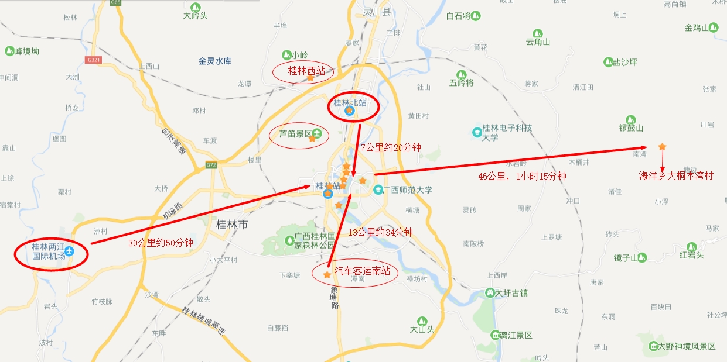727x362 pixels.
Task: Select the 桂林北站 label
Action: (x=350, y=103)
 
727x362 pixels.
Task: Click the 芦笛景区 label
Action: (x=295, y=133)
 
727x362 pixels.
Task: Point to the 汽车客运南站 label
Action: (x=361, y=271)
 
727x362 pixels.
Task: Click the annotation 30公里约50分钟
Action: (x=161, y=243)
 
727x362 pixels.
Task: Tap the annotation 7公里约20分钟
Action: (x=390, y=147)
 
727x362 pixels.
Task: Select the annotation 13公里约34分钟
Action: (x=380, y=232)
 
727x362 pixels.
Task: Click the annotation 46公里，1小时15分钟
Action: (x=522, y=176)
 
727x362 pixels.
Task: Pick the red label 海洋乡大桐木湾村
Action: (x=675, y=175)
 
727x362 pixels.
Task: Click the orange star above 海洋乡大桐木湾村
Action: (x=662, y=146)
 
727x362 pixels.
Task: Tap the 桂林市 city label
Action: (x=233, y=224)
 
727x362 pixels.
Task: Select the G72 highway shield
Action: (x=211, y=165)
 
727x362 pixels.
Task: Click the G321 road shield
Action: (x=93, y=60)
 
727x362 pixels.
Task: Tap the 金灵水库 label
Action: (x=214, y=61)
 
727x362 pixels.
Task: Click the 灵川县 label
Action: (x=377, y=11)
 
